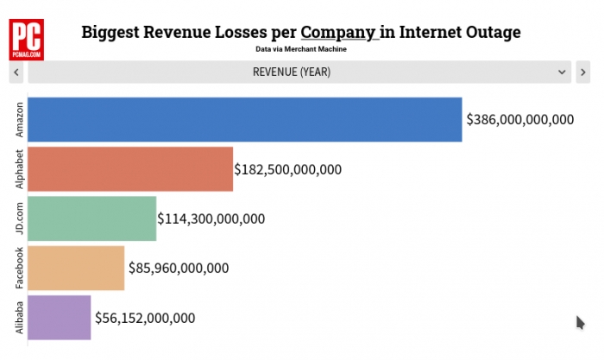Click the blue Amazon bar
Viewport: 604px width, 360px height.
(x=245, y=119)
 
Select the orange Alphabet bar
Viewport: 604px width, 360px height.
(x=130, y=169)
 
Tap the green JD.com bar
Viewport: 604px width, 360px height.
(x=92, y=218)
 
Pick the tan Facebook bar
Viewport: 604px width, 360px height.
(x=76, y=268)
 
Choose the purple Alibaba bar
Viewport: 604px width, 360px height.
(x=59, y=318)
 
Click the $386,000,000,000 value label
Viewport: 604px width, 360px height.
(x=519, y=120)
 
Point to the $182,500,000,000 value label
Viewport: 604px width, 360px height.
(x=288, y=169)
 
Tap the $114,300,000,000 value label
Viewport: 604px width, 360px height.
(x=211, y=218)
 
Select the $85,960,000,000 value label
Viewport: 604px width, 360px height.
(x=179, y=268)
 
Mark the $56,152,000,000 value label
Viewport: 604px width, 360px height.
(x=145, y=318)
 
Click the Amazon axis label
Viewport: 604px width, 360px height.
(x=19, y=120)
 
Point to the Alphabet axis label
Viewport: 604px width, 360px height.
(x=19, y=169)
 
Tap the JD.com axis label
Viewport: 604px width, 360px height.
(x=19, y=218)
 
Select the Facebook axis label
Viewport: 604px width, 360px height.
(x=19, y=268)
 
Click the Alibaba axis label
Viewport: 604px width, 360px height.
(x=19, y=318)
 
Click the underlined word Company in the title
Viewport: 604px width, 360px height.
(x=338, y=34)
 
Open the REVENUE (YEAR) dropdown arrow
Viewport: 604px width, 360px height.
(x=562, y=73)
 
